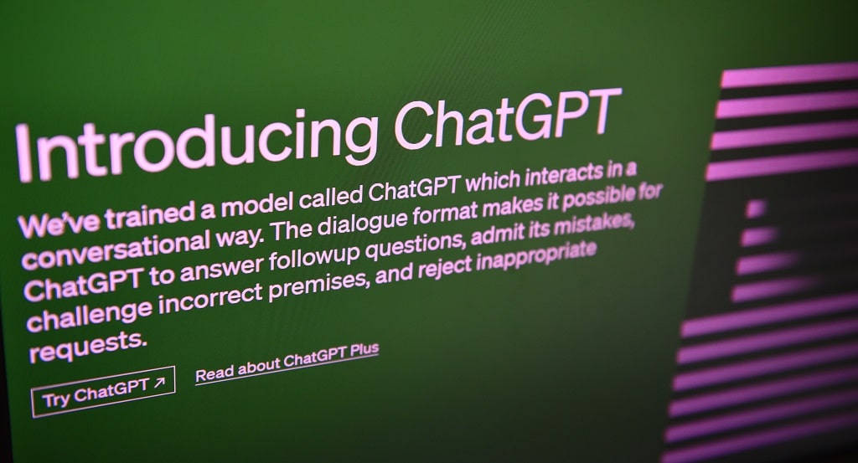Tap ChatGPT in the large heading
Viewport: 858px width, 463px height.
507,119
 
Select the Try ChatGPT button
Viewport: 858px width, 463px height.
103,391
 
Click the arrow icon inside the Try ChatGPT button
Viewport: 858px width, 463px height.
158,383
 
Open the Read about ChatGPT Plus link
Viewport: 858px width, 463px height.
287,363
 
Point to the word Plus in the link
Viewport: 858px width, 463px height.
364,351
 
